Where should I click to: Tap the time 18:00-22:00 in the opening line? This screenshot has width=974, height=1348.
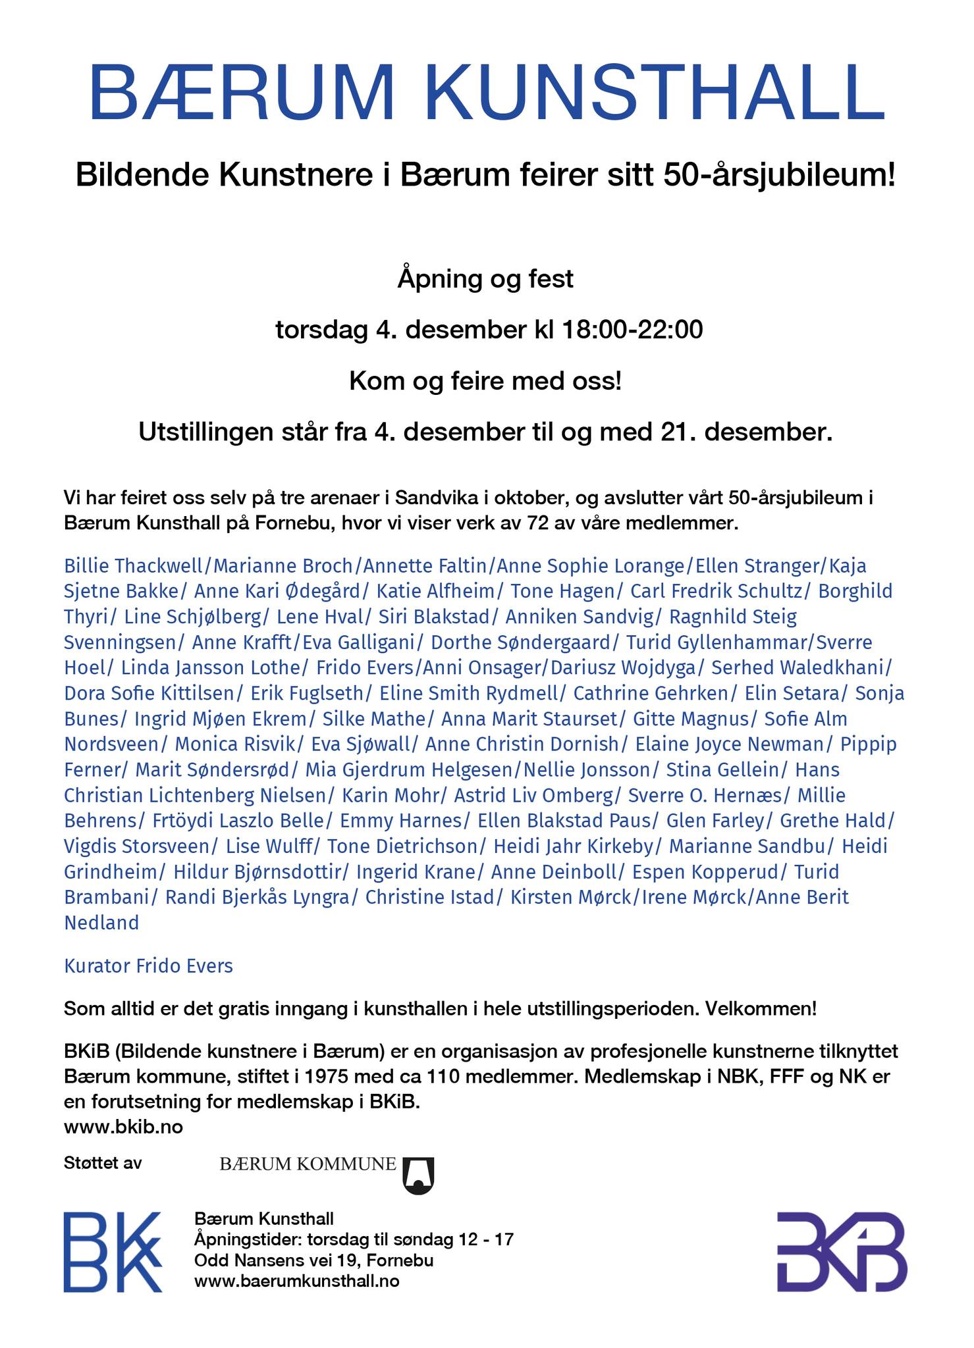pos(632,330)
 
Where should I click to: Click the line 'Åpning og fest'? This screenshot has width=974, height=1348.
pos(485,279)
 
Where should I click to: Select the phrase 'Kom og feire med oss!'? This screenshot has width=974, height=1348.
pos(485,381)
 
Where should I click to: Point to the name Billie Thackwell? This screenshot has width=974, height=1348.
pos(134,566)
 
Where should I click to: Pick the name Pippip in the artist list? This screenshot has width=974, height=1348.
pos(869,744)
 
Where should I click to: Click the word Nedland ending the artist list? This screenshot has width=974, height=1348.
pos(101,923)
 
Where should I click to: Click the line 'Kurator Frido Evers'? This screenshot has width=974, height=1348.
pos(148,966)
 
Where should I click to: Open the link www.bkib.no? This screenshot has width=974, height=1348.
pos(123,1128)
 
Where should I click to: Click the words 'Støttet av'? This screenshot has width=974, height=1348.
pos(103,1163)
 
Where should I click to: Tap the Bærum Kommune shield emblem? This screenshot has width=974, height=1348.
pos(418,1175)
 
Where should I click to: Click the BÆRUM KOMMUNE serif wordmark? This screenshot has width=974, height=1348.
pos(308,1164)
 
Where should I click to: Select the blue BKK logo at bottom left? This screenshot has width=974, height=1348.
pos(113,1252)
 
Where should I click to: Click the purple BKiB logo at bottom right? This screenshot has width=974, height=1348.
pos(841,1252)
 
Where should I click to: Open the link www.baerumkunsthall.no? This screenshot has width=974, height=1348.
pos(296,1282)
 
